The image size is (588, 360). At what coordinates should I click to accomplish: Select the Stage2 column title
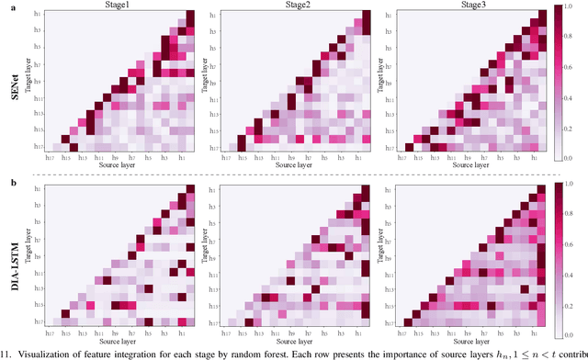pyautogui.click(x=298, y=6)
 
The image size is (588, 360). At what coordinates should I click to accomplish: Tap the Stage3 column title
pyautogui.click(x=471, y=6)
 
